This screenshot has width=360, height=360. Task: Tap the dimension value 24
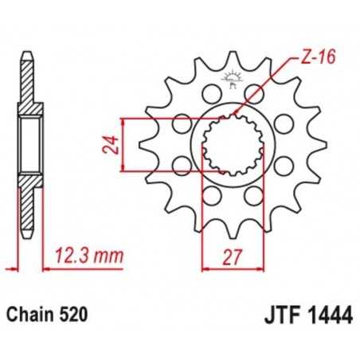tap(114, 145)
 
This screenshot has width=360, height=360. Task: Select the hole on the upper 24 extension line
tap(182, 122)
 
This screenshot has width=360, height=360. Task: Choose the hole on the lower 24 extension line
tap(182, 166)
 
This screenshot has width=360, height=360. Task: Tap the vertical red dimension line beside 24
tap(123, 145)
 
